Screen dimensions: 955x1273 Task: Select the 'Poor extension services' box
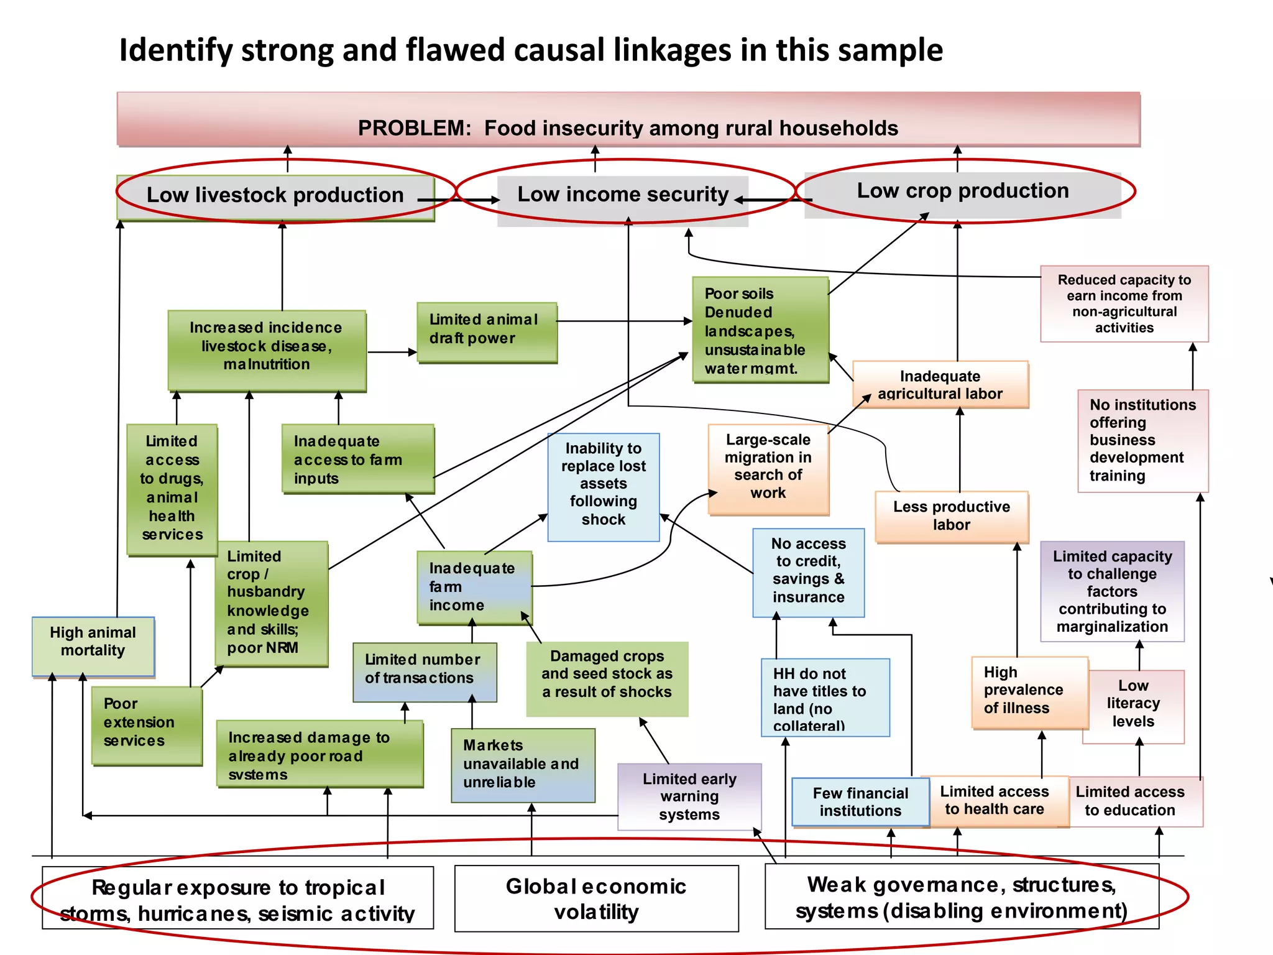coord(146,725)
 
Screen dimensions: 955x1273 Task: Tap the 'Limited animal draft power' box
coord(487,332)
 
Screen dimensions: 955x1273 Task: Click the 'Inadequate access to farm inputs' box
coord(357,459)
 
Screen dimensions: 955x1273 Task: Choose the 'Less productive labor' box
coord(951,516)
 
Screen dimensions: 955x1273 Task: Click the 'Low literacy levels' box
coord(1133,706)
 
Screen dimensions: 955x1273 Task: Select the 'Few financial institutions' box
coord(860,802)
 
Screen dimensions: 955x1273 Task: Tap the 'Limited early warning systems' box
coord(689,796)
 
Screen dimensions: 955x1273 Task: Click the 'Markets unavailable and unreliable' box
coord(523,765)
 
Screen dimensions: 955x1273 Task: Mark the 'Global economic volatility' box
coord(596,898)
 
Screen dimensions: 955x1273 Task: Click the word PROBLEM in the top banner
coord(414,128)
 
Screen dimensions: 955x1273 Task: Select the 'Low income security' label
coord(622,195)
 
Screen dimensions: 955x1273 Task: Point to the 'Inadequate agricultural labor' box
coord(940,384)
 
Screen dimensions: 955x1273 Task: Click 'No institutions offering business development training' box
coord(1142,440)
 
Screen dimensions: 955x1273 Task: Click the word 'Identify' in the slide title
coord(175,50)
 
